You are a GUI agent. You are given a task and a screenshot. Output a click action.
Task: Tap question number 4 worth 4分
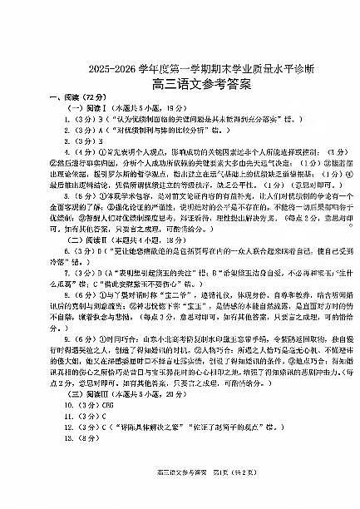50,152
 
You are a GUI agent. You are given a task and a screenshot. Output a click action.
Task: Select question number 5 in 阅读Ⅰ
50,195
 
